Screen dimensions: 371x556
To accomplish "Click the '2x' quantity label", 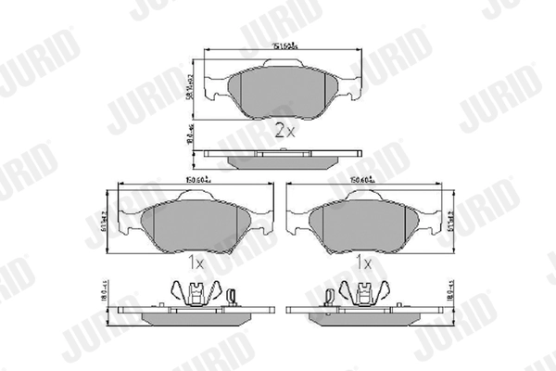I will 284,132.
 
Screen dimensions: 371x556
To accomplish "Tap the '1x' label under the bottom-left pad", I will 195,263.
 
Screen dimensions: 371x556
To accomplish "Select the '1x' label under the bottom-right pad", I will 363,263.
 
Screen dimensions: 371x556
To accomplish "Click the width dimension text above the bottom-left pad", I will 191,180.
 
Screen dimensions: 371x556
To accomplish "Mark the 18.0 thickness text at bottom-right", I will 452,296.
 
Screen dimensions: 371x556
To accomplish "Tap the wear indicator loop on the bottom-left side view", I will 231,296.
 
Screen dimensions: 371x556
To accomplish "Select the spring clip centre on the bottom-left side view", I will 196,294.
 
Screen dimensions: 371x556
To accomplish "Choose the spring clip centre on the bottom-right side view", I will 363,294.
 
